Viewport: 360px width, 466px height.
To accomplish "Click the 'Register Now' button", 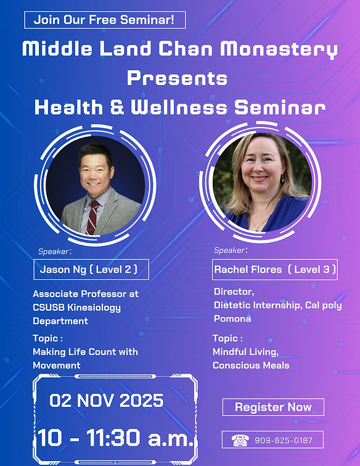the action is point(273,407).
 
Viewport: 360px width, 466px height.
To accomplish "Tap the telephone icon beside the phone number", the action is point(240,440).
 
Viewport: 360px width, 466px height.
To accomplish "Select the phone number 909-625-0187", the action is point(284,440).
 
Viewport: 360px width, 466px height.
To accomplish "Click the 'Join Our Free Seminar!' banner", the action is point(105,20).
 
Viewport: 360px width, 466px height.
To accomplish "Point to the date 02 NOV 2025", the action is point(107,400).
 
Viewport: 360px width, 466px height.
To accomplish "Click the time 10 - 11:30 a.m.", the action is point(116,438).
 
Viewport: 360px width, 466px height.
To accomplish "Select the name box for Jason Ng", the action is point(91,269).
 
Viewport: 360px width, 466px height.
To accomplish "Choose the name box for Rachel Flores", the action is point(275,269).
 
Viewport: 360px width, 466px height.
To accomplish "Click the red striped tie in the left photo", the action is point(92,217).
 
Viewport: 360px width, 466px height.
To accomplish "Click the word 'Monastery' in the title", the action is point(279,49).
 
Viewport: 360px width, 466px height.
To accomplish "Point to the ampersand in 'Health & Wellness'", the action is point(117,107).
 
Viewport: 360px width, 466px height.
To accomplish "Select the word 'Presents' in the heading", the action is point(177,78).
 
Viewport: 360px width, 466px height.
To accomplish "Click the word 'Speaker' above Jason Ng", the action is point(54,251).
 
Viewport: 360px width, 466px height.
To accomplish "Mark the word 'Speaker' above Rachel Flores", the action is point(229,250).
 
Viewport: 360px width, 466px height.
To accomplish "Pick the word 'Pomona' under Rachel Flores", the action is point(232,319).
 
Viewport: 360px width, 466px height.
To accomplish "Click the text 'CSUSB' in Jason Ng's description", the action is point(49,308).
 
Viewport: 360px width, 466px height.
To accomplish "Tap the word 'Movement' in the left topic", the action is point(57,366).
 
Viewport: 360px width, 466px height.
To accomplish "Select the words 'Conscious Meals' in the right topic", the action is point(251,366).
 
